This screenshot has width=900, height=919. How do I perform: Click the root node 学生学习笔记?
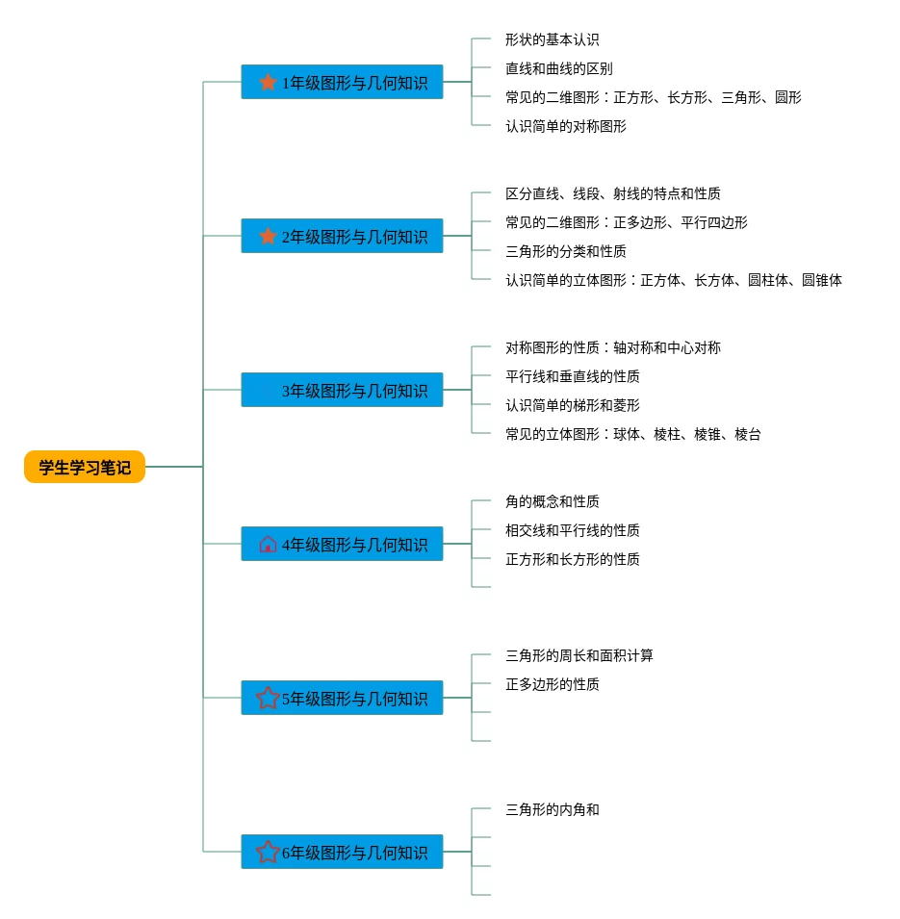pos(85,467)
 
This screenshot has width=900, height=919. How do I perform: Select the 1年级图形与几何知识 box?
pos(342,82)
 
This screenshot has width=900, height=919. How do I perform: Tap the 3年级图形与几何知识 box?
pos(342,390)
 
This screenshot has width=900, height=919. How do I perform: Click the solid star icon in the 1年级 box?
pos(268,82)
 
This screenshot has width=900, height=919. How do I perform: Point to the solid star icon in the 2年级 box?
pos(268,236)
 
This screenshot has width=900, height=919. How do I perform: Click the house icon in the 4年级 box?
pos(268,544)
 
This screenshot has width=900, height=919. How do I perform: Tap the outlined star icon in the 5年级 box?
pos(268,698)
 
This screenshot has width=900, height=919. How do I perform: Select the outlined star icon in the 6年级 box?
pos(268,852)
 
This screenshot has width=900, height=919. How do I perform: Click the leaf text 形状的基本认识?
pos(552,39)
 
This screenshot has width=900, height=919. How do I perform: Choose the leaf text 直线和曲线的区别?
pos(558,68)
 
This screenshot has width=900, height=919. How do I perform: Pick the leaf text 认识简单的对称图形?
pos(565,126)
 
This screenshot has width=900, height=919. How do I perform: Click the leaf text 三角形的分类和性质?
pos(565,251)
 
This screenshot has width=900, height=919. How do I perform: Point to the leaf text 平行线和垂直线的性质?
pos(572,376)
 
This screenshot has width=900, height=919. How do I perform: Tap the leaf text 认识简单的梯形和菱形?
pos(572,405)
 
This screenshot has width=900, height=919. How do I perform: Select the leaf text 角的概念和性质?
pos(552,501)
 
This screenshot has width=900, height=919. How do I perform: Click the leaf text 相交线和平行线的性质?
pos(572,530)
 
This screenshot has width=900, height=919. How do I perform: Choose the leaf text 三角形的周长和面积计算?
pos(579,655)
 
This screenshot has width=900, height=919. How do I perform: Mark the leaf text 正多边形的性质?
pos(552,684)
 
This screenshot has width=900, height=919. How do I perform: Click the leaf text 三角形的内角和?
pos(552,809)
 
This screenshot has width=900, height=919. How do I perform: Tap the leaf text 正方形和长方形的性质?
pos(572,559)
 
